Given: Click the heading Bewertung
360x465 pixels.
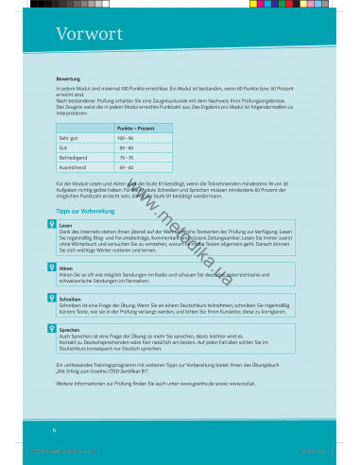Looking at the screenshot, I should (68, 78).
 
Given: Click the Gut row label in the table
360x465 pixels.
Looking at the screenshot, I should (63, 147).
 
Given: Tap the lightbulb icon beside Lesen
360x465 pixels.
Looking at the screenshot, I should (51, 225).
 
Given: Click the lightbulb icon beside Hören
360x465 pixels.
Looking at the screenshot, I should (51, 267).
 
